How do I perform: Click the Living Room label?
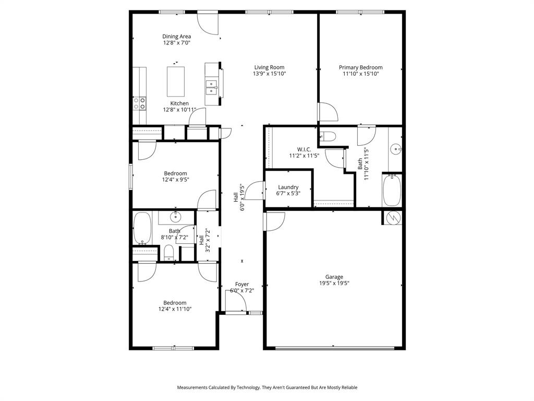(x=269, y=67)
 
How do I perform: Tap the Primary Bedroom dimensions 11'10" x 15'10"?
(x=360, y=74)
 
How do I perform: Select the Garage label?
(x=334, y=277)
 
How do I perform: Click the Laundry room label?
(x=288, y=187)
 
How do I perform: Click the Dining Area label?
(x=176, y=37)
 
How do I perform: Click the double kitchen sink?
(x=212, y=87)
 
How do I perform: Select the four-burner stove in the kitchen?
(x=139, y=103)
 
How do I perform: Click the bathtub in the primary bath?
(x=392, y=191)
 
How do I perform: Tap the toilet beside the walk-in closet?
(x=327, y=137)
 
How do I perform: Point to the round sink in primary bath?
(x=397, y=149)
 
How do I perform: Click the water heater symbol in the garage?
(x=394, y=217)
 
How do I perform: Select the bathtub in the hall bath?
(x=141, y=228)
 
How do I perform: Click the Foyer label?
(x=241, y=285)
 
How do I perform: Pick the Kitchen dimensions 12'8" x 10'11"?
(x=179, y=110)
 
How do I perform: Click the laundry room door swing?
(x=255, y=191)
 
